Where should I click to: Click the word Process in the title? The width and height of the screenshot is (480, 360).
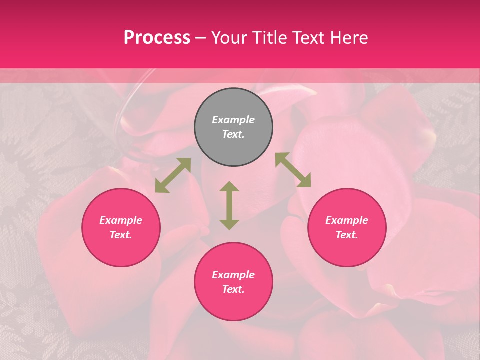pos(157,38)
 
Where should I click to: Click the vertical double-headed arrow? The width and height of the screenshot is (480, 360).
pos(229,205)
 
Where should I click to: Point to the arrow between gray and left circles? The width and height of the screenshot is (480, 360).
pos(173,175)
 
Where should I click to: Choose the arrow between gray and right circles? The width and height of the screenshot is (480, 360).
pos(293,170)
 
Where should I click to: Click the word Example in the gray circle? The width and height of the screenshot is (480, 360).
pos(233,120)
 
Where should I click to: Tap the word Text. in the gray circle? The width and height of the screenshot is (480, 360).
pos(233,134)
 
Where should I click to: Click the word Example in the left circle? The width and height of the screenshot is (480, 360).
pos(121,220)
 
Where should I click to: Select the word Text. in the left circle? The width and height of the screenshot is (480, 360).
pos(121,235)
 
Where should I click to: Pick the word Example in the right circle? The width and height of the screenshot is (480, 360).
pos(347,220)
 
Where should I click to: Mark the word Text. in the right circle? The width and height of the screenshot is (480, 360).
pos(347,235)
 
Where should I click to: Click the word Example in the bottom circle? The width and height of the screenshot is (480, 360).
pos(233,275)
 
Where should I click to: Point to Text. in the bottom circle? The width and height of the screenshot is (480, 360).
pos(233,289)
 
